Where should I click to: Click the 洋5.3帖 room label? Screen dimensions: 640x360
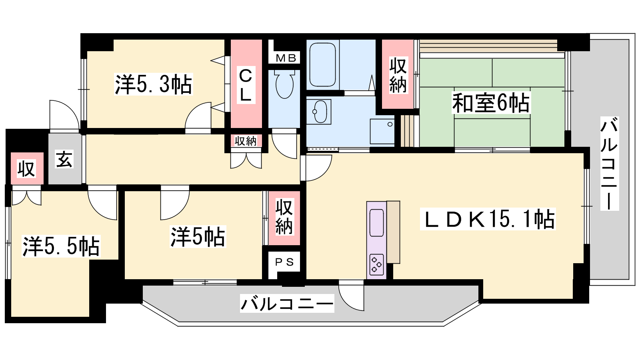154,84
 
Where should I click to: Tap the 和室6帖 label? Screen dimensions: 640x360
491,103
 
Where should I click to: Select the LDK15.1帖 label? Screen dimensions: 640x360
488,219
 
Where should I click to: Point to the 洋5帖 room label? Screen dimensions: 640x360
198,236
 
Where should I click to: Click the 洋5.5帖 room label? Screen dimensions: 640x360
61,246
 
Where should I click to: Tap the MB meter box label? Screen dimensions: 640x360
286,58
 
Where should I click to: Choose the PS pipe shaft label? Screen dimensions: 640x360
284,262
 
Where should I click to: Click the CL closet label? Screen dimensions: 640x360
246,85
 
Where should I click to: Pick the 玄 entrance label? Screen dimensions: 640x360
64,159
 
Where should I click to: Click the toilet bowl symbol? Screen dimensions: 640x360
284,84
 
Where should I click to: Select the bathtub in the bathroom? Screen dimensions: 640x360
322,65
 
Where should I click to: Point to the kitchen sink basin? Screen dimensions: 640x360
376,223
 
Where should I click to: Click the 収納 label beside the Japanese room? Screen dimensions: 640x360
398,75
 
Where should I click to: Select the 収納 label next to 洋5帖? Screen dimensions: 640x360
284,217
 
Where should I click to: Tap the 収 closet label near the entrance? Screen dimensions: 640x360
26,168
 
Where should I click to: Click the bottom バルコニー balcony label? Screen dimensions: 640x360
287,303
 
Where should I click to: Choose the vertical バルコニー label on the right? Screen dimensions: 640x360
610,164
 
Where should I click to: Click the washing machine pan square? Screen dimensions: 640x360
382,132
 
